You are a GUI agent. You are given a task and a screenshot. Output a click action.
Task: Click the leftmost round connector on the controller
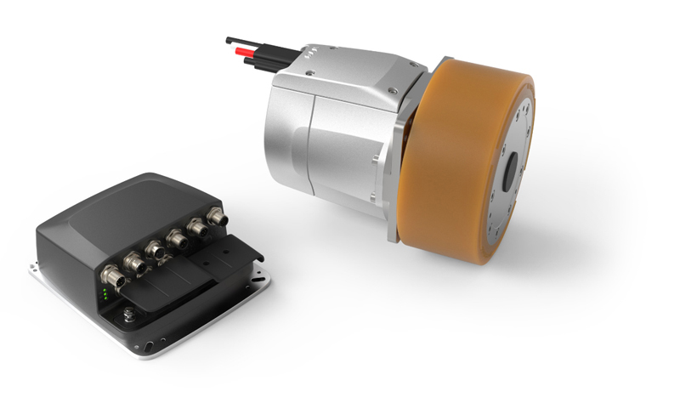(111, 275)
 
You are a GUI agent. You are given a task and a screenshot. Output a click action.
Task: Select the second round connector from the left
(133, 262)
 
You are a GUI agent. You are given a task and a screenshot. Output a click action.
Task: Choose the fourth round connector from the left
(179, 239)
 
